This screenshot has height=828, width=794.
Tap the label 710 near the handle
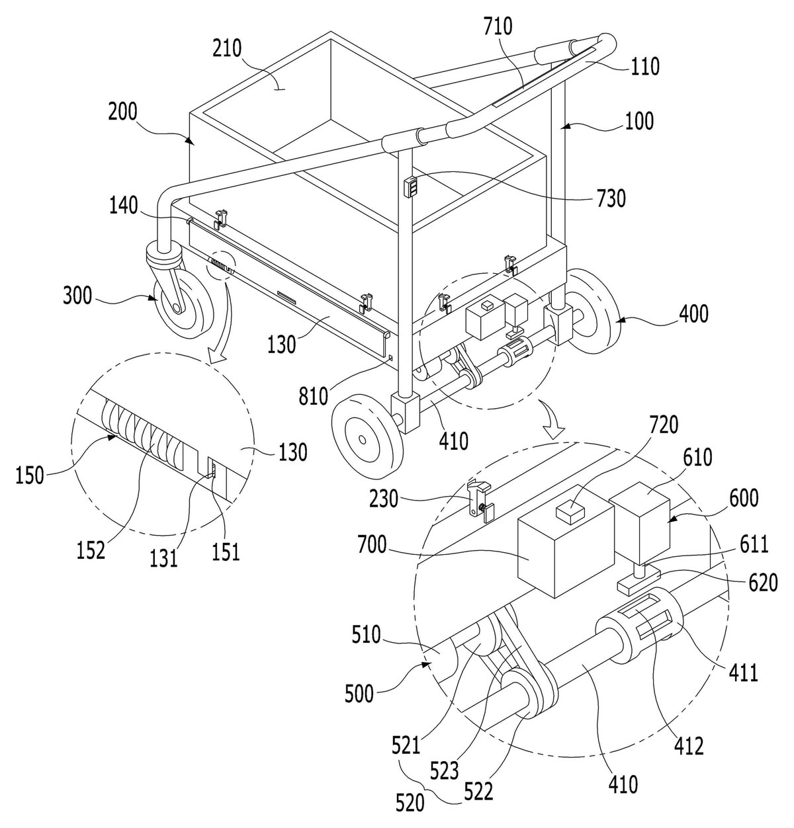[498, 26]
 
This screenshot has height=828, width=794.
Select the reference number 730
[611, 198]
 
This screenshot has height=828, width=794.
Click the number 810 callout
[314, 397]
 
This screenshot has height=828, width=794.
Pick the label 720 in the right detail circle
[663, 425]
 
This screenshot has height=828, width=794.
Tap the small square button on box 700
[571, 509]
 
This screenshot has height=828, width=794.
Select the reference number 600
[743, 498]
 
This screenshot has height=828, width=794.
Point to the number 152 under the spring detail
[91, 551]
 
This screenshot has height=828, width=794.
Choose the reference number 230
[384, 499]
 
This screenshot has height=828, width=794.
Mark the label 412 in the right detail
[689, 745]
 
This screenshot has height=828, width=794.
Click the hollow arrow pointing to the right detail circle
[553, 420]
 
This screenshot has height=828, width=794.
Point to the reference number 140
[124, 206]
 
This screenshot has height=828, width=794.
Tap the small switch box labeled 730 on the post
[411, 186]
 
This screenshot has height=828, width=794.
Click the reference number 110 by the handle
[644, 67]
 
